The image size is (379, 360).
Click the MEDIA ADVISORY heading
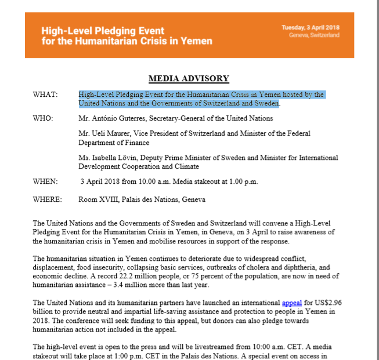(189, 79)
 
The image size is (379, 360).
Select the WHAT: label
(45, 94)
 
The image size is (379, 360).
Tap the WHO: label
(44, 118)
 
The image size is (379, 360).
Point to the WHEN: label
(45, 181)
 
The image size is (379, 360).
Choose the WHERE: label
(48, 200)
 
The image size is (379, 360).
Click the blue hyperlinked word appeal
(292, 303)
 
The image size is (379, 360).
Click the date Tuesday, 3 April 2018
(310, 27)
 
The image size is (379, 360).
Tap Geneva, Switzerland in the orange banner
(314, 35)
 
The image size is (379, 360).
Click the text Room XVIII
(97, 200)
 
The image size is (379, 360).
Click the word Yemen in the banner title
(196, 41)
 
